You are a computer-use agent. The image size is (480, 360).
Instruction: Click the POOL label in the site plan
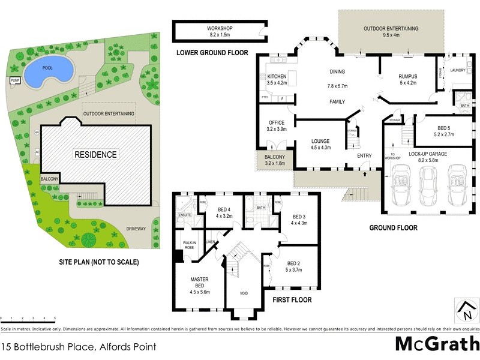click(47, 68)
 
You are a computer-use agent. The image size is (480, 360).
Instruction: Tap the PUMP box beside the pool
click(15, 80)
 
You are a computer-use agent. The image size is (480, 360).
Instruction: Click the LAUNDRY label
click(458, 70)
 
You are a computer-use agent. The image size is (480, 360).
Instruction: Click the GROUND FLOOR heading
click(393, 227)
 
